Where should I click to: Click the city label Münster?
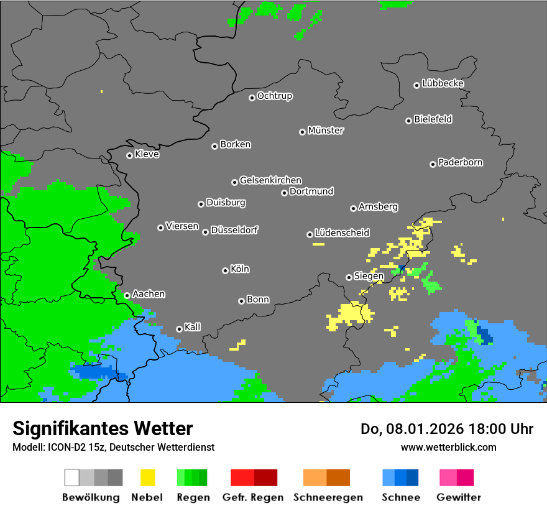pos(326,131)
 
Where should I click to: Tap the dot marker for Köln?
pos(225,270)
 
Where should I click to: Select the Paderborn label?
pos(460,163)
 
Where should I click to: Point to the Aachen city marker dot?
pos(127,295)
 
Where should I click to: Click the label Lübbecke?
pos(443,83)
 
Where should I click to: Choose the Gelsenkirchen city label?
pos(270,181)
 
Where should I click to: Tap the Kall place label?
pos(193,327)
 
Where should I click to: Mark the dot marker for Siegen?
pos(349,277)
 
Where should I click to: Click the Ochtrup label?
pos(275,96)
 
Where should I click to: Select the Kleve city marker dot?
pos(129,155)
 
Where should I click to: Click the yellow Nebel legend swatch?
pos(147,477)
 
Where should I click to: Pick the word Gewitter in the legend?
pos(459,497)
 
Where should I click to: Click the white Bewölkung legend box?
pos(72,477)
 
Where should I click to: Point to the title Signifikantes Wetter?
pos(103,428)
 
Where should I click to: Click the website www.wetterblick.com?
pos(448,447)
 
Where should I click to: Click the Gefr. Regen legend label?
pos(253,497)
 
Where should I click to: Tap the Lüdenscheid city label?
pos(342,233)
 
